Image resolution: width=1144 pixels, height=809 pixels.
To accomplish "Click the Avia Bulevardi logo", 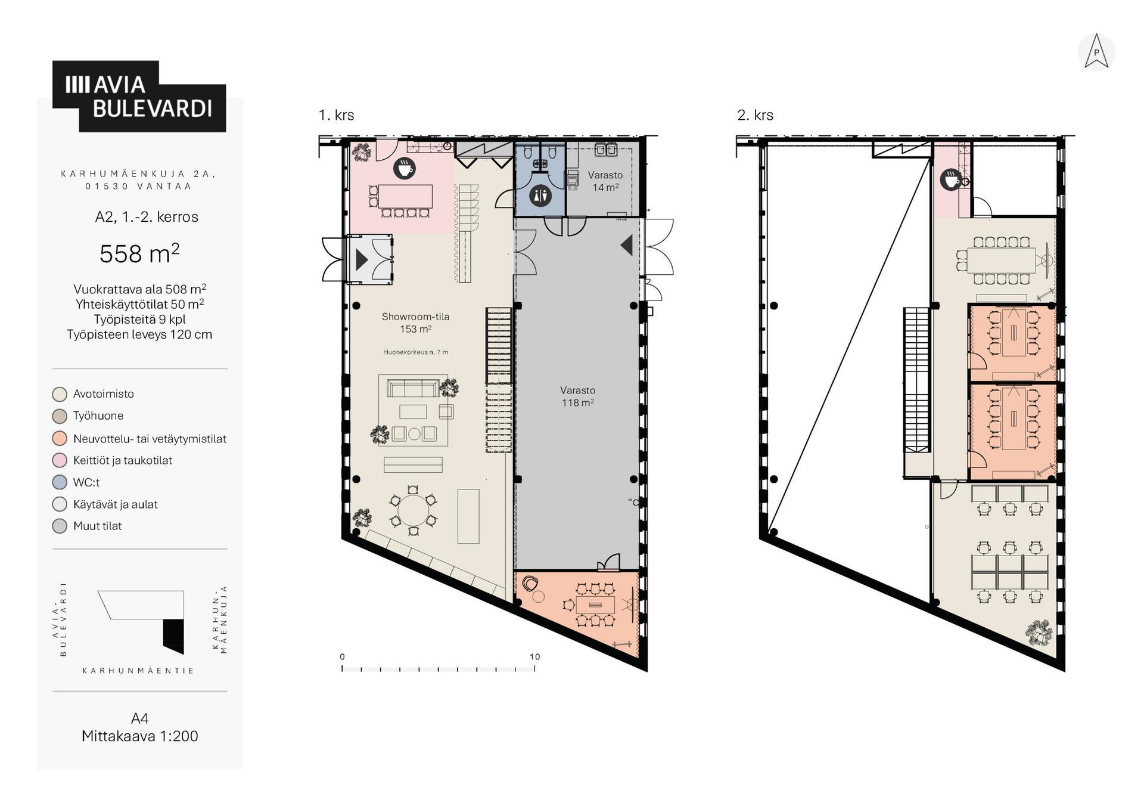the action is [x=139, y=96].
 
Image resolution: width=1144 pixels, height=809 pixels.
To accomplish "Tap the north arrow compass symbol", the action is [x=1096, y=52].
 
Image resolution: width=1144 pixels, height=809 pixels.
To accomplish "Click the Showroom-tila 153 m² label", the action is [x=415, y=323].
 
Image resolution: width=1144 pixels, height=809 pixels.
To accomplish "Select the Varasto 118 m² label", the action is [x=577, y=396].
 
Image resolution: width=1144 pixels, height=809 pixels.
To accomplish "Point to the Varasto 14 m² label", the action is [x=605, y=181].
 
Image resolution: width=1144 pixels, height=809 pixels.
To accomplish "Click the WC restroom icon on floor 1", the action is [x=540, y=195].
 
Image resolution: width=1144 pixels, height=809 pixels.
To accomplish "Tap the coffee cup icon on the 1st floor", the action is [x=404, y=168].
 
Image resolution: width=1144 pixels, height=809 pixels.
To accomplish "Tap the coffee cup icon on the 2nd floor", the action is [x=950, y=179].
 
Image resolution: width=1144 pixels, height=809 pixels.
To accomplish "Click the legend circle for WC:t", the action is [x=60, y=482].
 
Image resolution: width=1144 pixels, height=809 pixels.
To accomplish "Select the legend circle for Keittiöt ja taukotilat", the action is [x=60, y=460].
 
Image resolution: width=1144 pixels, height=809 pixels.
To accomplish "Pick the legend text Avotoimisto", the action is [x=104, y=393].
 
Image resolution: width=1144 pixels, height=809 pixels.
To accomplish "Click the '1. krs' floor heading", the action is [x=337, y=115].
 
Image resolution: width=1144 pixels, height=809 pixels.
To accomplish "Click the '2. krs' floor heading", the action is [x=756, y=115].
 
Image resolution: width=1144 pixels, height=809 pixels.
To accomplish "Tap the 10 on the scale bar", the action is [x=534, y=656].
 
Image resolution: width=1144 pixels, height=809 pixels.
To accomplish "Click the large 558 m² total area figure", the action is [x=139, y=253].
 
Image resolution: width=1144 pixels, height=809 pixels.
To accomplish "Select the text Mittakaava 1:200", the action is [x=140, y=736].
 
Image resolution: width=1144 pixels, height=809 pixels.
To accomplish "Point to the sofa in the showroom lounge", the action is [x=413, y=388].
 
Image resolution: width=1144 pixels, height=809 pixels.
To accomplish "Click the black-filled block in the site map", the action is [x=173, y=636].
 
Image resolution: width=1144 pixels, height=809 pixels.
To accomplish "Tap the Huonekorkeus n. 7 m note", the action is [x=415, y=352].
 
